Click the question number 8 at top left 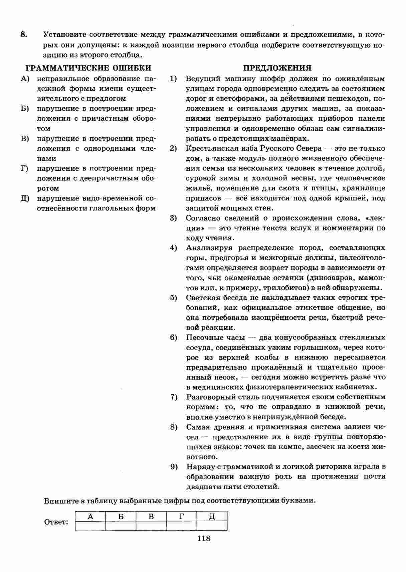point(23,35)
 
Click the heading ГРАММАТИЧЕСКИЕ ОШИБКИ point(88,68)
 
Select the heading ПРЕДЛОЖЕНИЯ point(277,68)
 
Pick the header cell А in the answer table point(90,517)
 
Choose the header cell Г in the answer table point(181,517)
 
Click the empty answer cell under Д point(212,526)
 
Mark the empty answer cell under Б point(121,526)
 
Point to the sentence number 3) point(173,218)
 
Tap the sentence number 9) point(173,467)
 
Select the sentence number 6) point(173,337)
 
